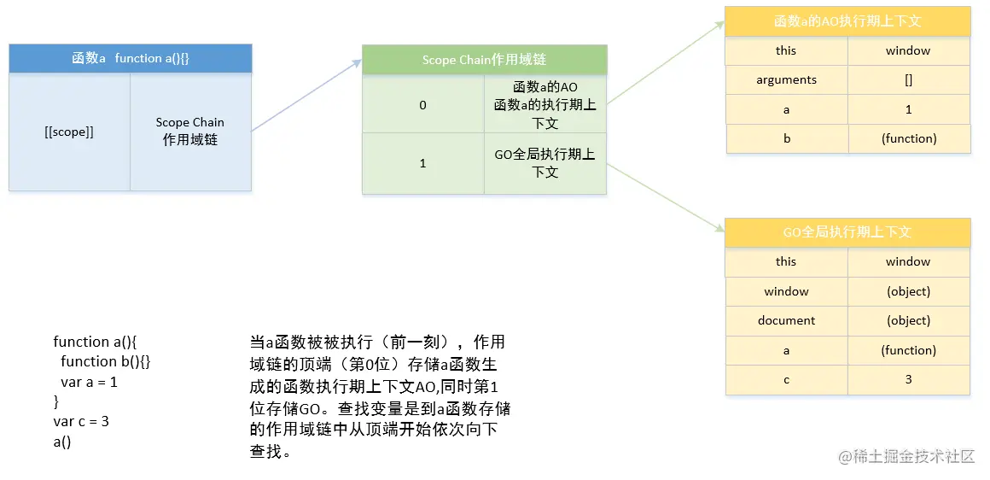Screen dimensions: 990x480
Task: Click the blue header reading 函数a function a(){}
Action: (130, 58)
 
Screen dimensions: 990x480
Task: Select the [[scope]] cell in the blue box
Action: (69, 132)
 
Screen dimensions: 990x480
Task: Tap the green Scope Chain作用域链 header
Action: (484, 60)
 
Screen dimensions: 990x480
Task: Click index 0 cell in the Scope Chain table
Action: (422, 105)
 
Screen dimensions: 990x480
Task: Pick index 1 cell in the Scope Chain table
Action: (422, 163)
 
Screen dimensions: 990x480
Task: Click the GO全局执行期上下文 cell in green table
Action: (544, 163)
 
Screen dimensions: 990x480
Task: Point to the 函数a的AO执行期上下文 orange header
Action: (847, 21)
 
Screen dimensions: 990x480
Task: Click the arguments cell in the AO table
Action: (786, 79)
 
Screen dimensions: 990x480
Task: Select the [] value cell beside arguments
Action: (908, 79)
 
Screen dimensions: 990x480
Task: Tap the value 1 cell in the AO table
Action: (908, 109)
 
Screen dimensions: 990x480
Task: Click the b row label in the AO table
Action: (787, 138)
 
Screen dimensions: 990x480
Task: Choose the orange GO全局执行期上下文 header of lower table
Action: (847, 232)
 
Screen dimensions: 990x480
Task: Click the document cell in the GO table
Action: (786, 320)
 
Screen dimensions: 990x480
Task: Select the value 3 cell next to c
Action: (908, 379)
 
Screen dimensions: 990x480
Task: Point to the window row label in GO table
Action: (786, 291)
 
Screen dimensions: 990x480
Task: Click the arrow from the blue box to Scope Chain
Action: (306, 96)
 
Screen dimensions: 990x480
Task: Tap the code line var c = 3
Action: (81, 421)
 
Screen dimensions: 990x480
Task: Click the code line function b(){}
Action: (106, 361)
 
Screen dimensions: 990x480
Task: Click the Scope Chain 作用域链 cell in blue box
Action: (190, 132)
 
